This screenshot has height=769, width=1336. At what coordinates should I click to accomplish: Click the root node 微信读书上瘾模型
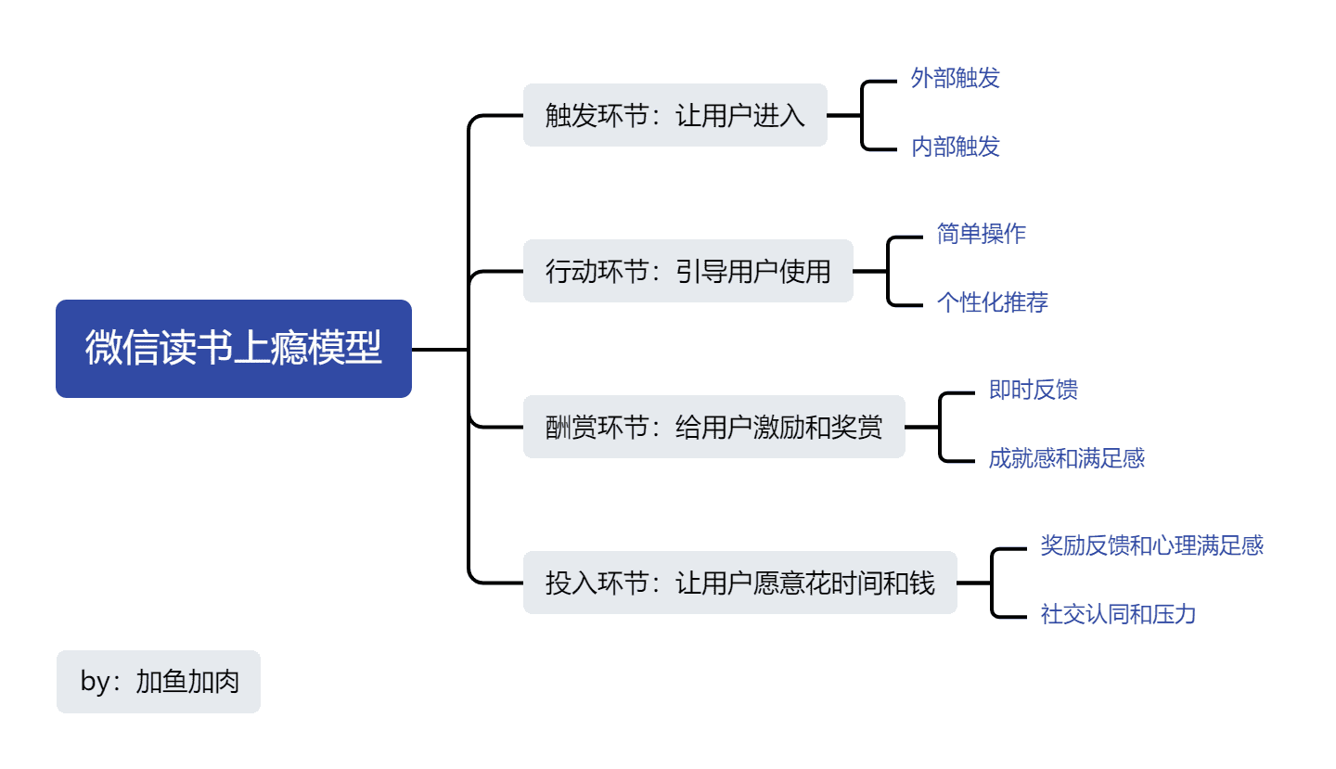[233, 349]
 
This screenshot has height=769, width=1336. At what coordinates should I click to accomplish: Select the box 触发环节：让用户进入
[674, 115]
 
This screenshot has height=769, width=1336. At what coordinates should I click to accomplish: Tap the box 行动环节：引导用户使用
[687, 271]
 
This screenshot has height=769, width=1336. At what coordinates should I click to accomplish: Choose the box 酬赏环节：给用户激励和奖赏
[713, 427]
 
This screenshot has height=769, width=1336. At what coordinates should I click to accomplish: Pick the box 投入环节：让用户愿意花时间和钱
[739, 583]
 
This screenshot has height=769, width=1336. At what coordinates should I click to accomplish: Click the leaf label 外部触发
[955, 79]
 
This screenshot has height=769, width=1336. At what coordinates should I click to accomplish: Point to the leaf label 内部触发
[955, 147]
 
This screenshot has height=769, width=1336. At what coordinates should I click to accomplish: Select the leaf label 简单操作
[981, 234]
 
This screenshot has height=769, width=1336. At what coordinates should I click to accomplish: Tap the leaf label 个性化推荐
[992, 302]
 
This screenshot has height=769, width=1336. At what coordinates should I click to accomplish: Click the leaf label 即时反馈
[1033, 390]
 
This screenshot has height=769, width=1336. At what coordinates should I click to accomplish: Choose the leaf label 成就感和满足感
[1066, 458]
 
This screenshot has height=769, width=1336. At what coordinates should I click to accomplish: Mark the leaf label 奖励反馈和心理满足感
[1151, 545]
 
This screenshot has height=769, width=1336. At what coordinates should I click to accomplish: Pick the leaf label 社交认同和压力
[1118, 614]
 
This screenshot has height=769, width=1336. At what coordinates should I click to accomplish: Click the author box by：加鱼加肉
[159, 682]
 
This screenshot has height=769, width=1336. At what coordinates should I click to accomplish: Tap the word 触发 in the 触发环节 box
[571, 116]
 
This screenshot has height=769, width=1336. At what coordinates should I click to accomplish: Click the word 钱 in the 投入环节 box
[922, 583]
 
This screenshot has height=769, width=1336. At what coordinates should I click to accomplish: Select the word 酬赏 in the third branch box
[571, 428]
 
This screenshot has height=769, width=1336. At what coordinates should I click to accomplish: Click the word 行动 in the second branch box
[571, 272]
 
